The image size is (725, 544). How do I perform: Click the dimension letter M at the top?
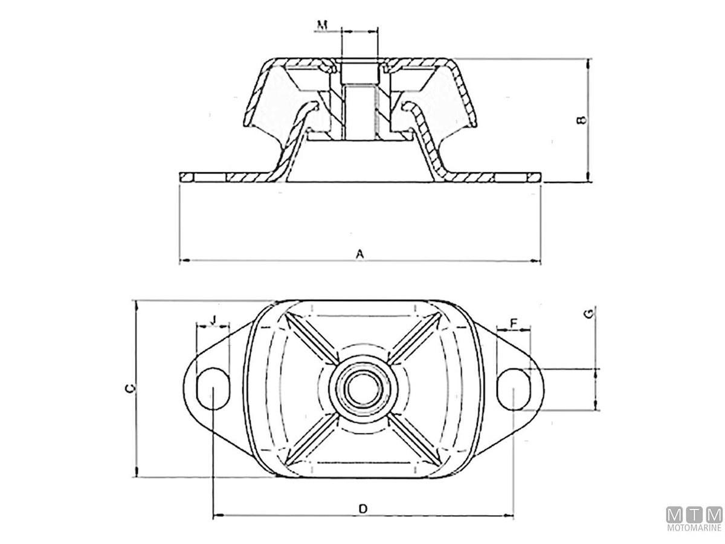point(322,25)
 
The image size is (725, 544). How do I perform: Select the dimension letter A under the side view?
point(360,254)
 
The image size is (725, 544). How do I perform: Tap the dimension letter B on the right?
point(581,120)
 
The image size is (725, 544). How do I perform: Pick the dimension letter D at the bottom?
point(362,508)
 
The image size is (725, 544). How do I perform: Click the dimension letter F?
point(513,323)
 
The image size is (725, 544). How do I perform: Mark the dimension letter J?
point(213,320)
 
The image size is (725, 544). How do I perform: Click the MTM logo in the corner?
point(694,514)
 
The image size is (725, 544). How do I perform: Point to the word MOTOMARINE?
point(694,528)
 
